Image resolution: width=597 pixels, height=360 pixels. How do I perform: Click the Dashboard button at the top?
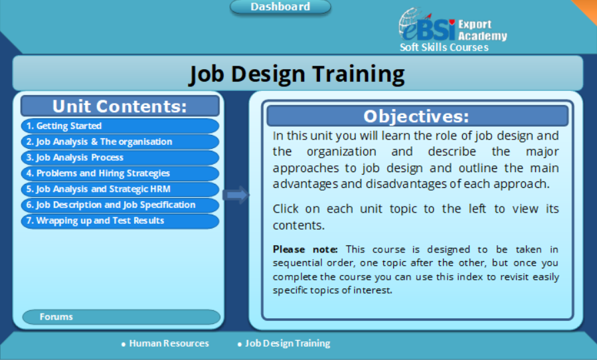tap(280, 7)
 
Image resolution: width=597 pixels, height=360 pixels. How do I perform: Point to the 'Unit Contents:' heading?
tap(120, 106)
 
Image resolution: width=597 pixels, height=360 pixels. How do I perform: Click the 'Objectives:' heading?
tap(416, 116)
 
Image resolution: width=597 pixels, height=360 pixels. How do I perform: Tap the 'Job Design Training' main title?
tap(297, 73)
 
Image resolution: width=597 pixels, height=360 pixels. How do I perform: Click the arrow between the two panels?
tap(236, 195)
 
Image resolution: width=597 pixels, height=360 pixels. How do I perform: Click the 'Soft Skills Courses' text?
tap(444, 47)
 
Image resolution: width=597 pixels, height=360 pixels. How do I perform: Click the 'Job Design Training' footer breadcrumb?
tap(287, 343)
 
